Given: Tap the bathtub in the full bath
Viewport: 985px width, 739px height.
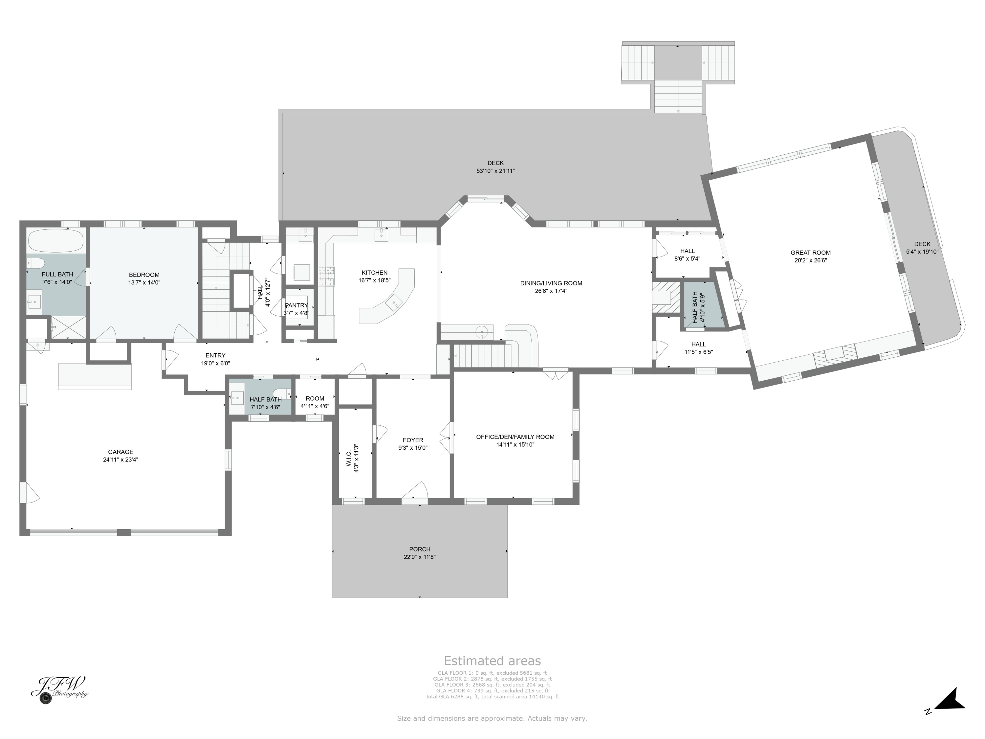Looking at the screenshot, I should [x=56, y=241].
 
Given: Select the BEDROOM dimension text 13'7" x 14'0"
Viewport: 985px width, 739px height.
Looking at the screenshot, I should [x=144, y=282].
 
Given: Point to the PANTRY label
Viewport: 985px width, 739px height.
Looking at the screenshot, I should [x=296, y=305].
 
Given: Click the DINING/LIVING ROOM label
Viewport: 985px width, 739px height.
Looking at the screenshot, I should [x=551, y=283].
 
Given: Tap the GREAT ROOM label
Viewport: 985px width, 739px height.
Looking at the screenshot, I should [x=810, y=253].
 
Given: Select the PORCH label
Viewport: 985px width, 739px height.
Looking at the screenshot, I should [x=420, y=549].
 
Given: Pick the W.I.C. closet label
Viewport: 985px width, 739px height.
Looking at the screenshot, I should [x=349, y=458].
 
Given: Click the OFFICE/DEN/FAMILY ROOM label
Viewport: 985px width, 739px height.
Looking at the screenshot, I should [x=515, y=437].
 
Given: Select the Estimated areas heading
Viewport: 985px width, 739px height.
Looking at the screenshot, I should [x=492, y=661].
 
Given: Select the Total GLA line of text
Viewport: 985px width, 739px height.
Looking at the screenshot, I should [x=492, y=697].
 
